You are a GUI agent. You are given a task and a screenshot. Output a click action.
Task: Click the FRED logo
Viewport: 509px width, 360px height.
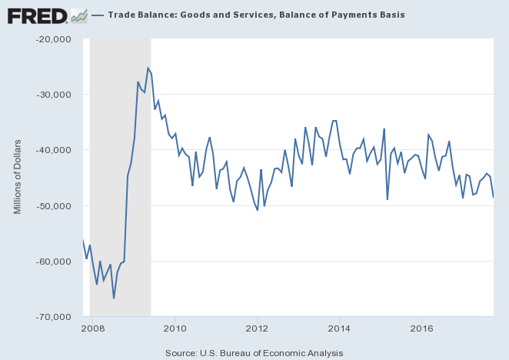pos(36,15)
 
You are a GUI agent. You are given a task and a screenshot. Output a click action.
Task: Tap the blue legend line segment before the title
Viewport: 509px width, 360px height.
pos(98,15)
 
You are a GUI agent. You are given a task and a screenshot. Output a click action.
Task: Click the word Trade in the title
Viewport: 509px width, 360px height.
pos(121,15)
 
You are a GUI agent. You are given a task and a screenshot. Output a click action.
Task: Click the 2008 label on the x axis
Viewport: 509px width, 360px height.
pos(92,328)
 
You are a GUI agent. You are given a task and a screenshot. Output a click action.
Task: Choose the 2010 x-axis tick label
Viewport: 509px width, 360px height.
pos(175,328)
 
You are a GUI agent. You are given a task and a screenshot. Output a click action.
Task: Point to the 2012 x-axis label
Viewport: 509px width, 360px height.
pos(257,328)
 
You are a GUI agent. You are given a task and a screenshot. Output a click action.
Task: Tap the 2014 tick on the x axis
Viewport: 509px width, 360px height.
pos(339,328)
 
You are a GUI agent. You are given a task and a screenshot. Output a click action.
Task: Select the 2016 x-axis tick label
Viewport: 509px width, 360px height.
pos(421,328)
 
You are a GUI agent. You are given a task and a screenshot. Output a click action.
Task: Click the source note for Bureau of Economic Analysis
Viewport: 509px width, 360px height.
pos(254,352)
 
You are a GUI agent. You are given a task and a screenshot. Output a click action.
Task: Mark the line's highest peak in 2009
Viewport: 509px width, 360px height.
pos(148,68)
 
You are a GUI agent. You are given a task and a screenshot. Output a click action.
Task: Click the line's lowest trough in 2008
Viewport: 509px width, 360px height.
pos(114,298)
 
